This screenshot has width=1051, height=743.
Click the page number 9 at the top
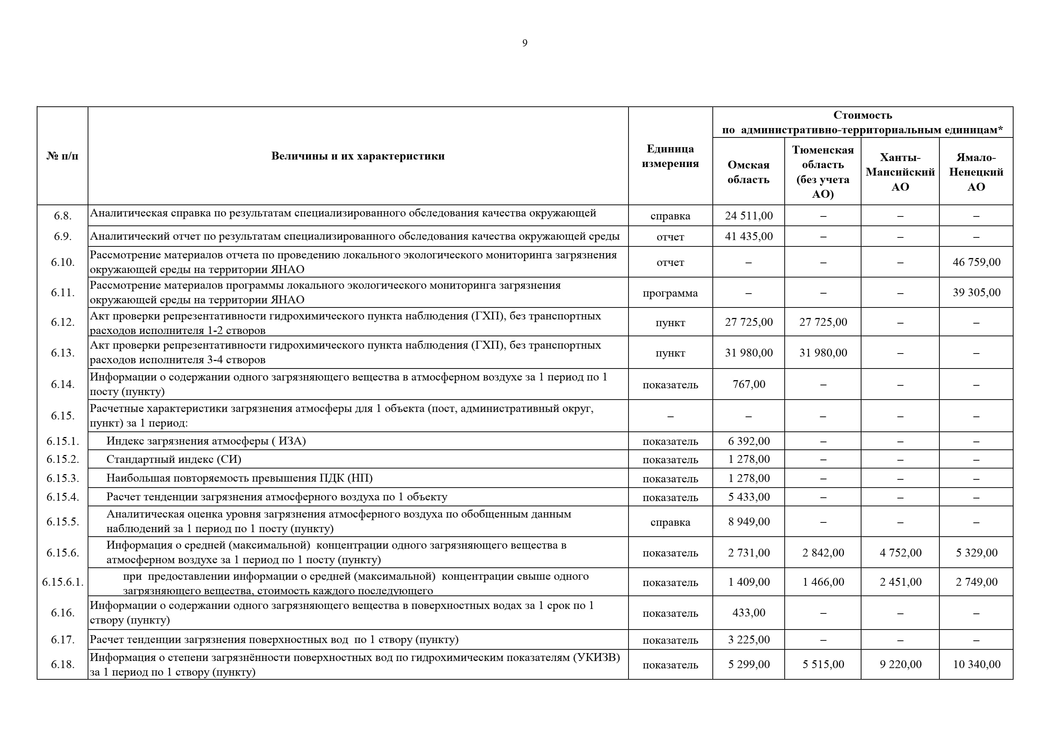coord(525,43)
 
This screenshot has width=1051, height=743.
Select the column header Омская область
coord(748,172)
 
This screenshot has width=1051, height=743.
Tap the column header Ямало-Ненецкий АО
coord(976,172)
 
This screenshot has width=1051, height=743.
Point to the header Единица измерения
coord(670,156)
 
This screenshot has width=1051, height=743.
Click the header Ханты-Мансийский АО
coord(900,172)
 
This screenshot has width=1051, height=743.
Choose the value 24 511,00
coord(748,216)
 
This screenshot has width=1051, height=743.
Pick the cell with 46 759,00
coord(976,262)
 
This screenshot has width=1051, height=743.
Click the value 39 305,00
coord(976,292)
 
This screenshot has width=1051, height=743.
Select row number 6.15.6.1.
coord(63,582)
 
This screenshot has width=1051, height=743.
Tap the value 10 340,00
coord(976,664)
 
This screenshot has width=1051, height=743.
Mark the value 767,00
coord(748,384)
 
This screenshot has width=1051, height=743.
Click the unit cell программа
coord(670,293)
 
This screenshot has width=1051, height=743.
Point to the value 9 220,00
coord(900,664)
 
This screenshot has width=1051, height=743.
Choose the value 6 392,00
coord(748,441)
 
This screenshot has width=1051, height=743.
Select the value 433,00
coord(748,613)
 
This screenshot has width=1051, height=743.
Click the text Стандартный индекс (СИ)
coord(173,459)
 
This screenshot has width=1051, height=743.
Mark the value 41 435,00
coord(748,237)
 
